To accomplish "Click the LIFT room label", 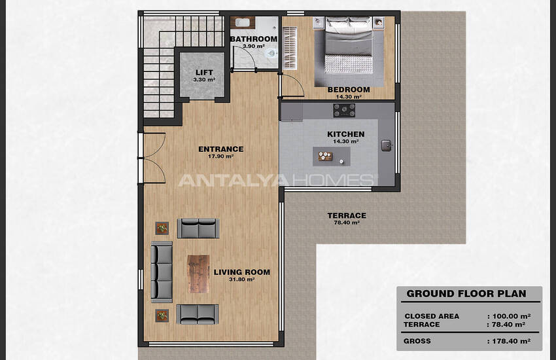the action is pyautogui.click(x=204, y=73).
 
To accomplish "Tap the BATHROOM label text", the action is pyautogui.click(x=254, y=39).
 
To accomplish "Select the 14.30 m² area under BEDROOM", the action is pyautogui.click(x=349, y=97).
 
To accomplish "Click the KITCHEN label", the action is pyautogui.click(x=346, y=134).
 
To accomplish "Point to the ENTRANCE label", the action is pyautogui.click(x=221, y=149).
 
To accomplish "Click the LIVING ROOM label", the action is pyautogui.click(x=242, y=272).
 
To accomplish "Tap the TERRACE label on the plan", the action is pyautogui.click(x=347, y=215).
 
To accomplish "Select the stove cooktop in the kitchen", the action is pyautogui.click(x=344, y=111).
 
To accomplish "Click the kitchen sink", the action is pyautogui.click(x=387, y=145).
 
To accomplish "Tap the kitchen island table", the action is pyautogui.click(x=331, y=156).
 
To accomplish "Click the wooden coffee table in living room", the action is pyautogui.click(x=198, y=274).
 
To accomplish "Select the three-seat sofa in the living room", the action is pyautogui.click(x=162, y=272).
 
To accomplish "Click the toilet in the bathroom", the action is pyautogui.click(x=271, y=54).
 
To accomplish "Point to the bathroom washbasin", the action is pyautogui.click(x=243, y=23).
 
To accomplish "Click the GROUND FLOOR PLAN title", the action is pyautogui.click(x=466, y=294).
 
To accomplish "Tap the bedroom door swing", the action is pyautogui.click(x=292, y=85).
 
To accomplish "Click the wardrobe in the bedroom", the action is pyautogui.click(x=290, y=48).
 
